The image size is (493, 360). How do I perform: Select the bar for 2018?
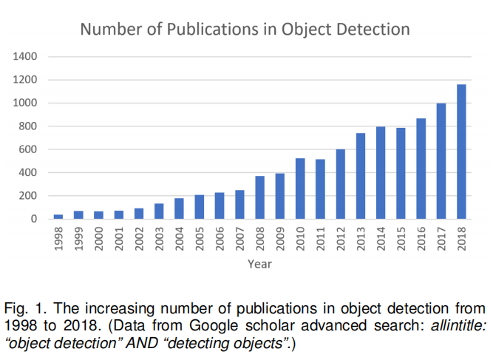[x=462, y=152]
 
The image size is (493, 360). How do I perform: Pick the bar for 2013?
[x=361, y=176]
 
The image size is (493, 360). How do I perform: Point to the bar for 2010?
[x=300, y=189]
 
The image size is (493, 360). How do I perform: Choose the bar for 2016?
[x=421, y=169]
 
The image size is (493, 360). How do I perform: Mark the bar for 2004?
[x=179, y=208]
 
